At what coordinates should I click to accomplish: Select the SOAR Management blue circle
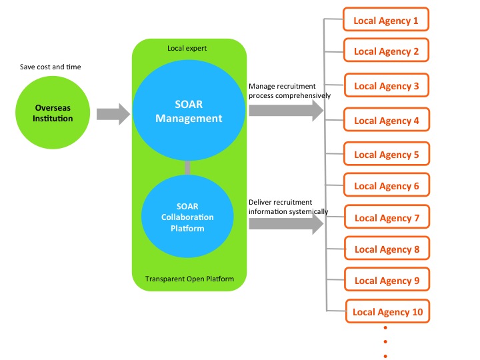(x=188, y=111)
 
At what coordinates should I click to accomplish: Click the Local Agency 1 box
(x=386, y=20)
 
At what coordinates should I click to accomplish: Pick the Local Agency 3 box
(x=386, y=86)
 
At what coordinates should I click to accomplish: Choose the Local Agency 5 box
(x=386, y=155)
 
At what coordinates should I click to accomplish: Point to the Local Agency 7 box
(x=386, y=218)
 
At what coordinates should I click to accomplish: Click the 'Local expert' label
(x=187, y=49)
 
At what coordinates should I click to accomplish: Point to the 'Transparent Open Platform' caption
(x=189, y=278)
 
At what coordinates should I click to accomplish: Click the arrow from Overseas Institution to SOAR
(x=113, y=114)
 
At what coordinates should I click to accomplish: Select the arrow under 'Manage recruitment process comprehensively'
(x=285, y=111)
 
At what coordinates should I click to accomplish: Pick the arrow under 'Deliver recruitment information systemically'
(x=285, y=224)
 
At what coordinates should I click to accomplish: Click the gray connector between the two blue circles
(x=188, y=167)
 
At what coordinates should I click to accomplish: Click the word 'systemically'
(x=308, y=211)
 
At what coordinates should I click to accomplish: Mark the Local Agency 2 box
(x=386, y=51)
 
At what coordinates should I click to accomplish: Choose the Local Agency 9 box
(x=386, y=281)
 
